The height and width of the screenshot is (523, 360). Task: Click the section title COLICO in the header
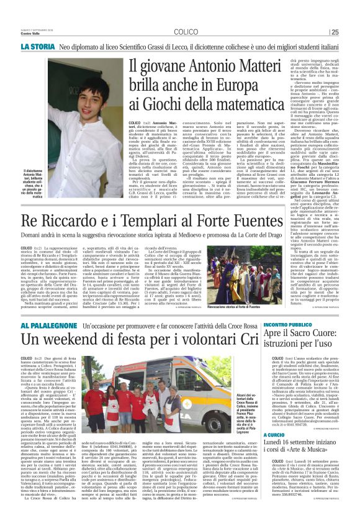point(186,32)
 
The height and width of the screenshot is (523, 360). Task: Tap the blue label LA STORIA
point(38,47)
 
